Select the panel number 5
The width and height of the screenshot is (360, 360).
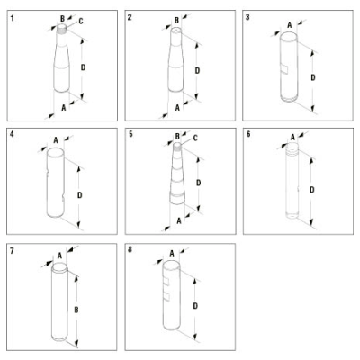pyautogui.click(x=132, y=135)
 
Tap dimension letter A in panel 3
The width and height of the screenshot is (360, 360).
pyautogui.click(x=288, y=26)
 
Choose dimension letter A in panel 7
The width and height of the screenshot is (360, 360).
pyautogui.click(x=60, y=255)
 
